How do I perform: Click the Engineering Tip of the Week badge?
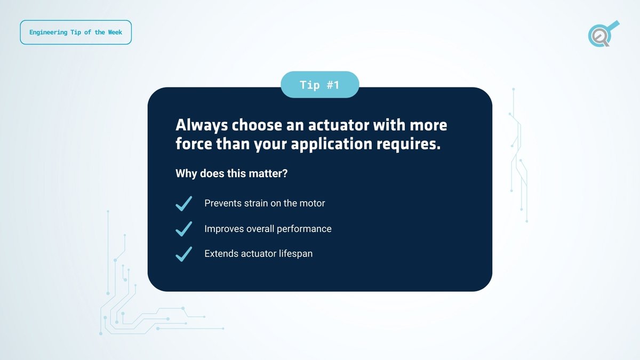(76, 33)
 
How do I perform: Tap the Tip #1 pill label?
(319, 85)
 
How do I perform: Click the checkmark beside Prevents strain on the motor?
(183, 204)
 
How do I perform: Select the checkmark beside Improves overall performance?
(183, 229)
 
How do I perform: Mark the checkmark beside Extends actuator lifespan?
(183, 254)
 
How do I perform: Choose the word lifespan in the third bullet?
(295, 254)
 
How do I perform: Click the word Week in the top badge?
(114, 33)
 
